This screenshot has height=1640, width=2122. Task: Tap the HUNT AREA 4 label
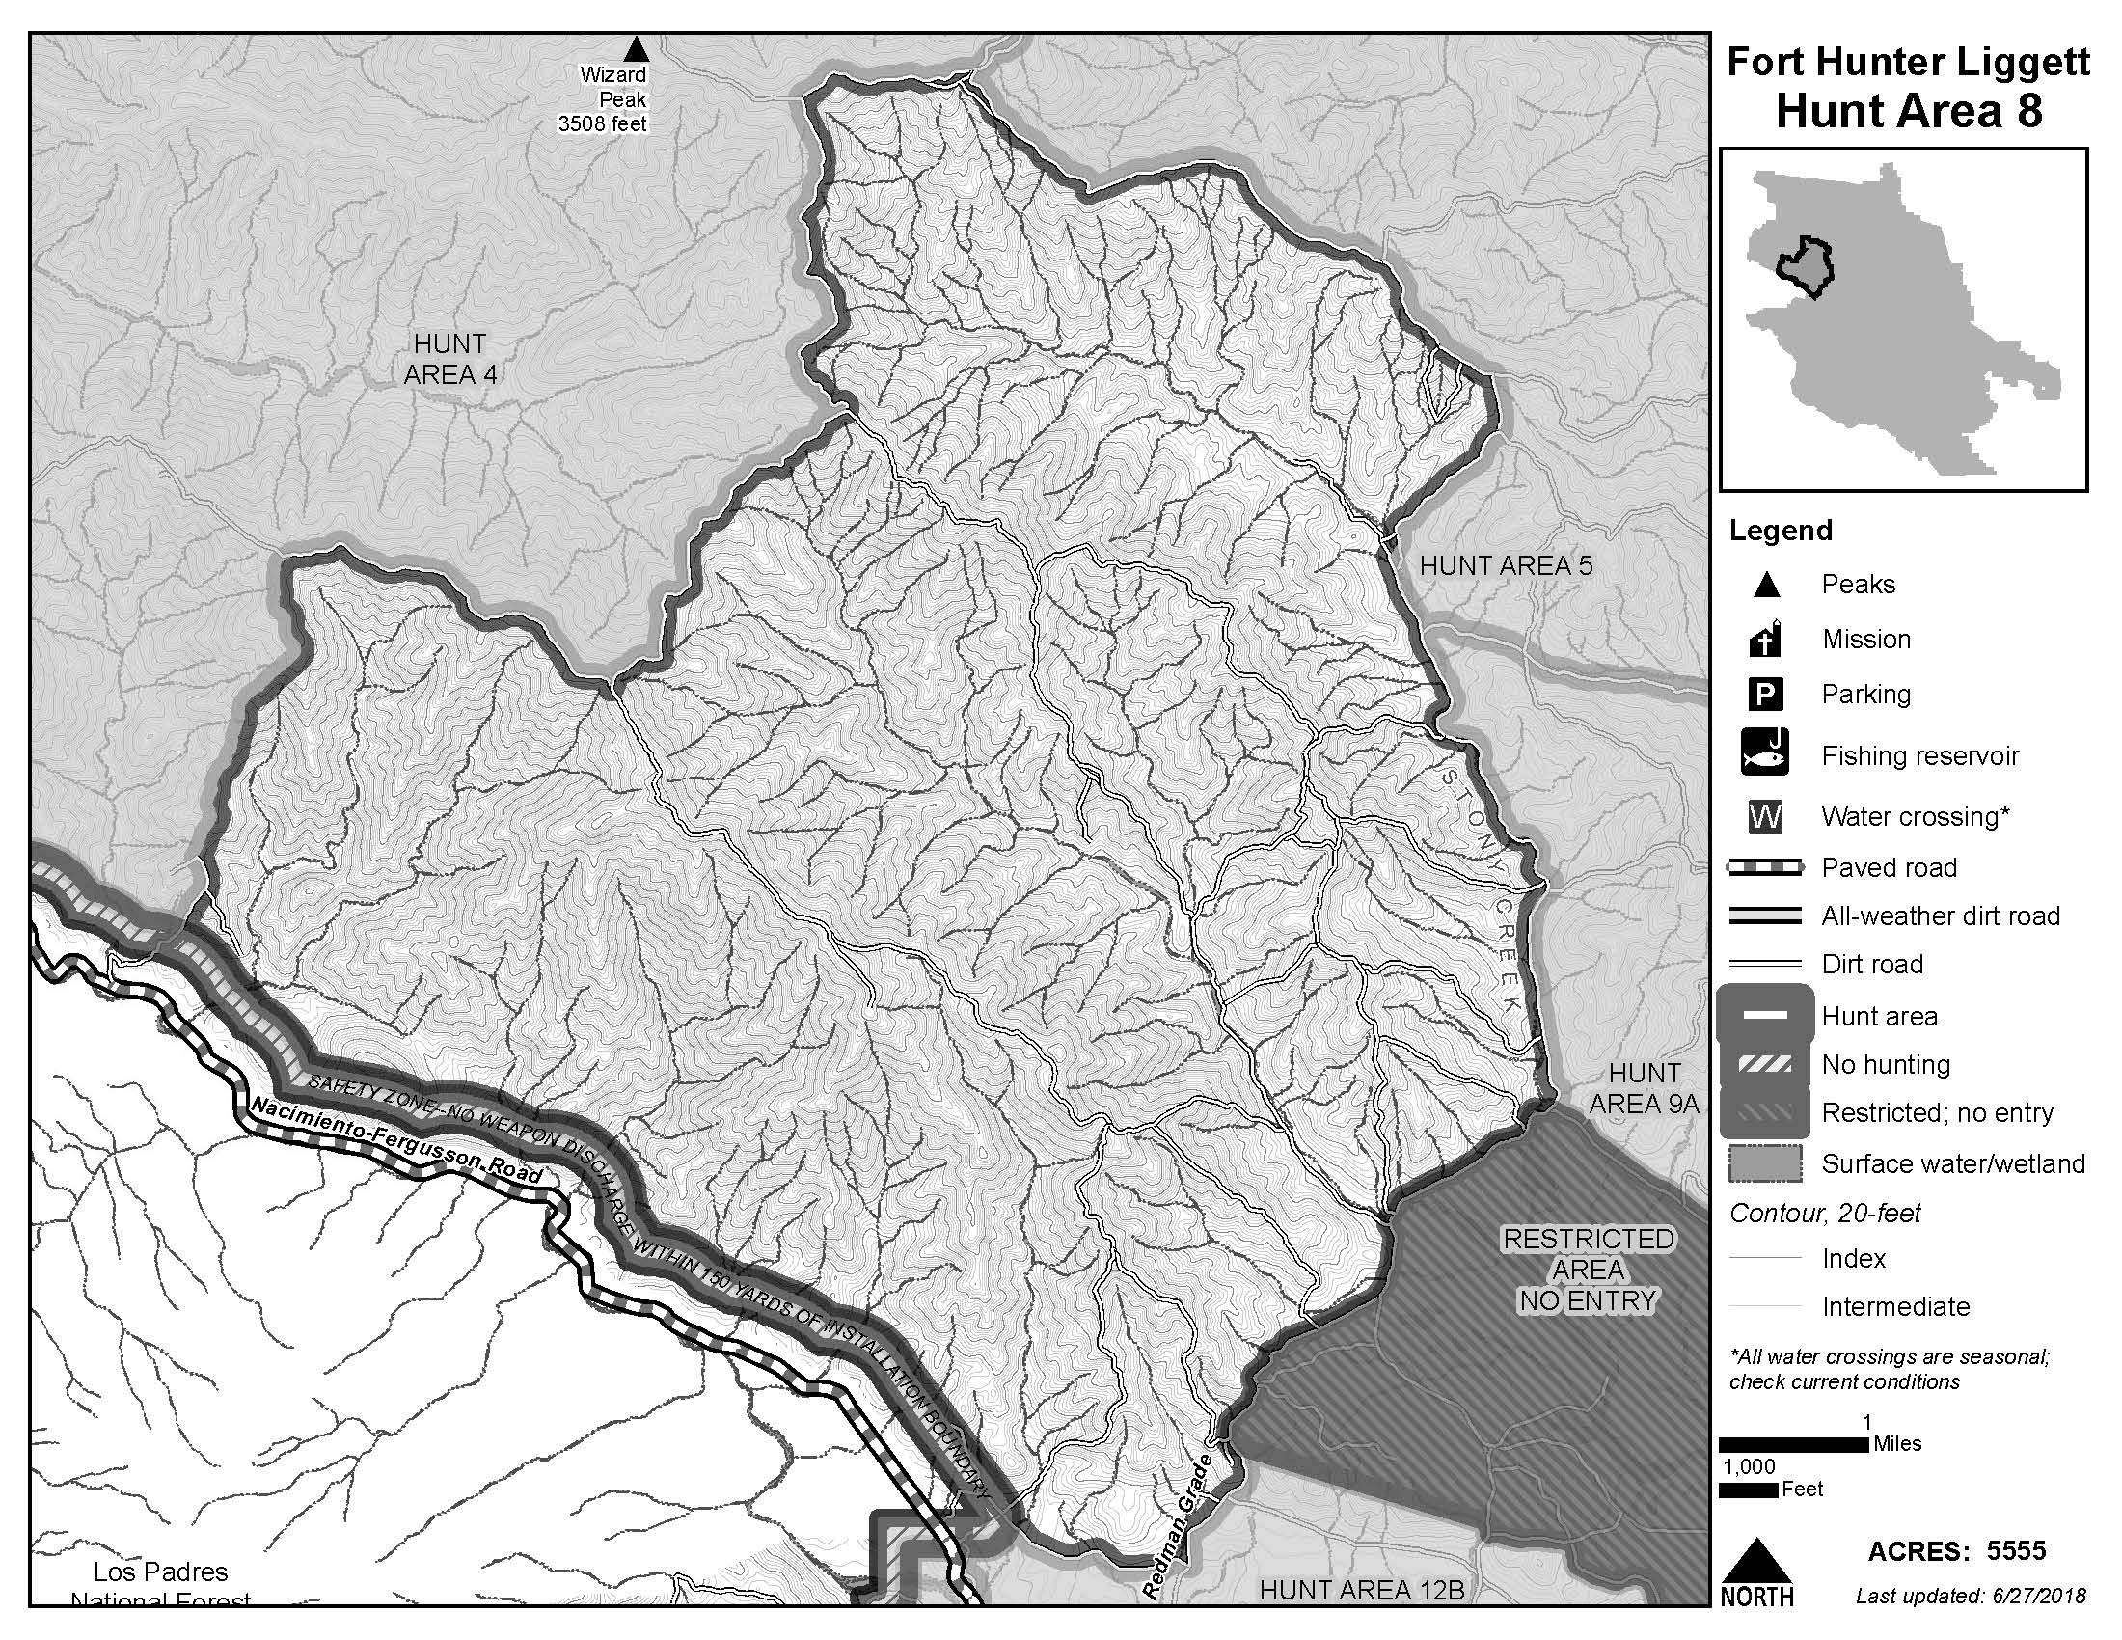point(449,359)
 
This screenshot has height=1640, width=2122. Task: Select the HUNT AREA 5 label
point(1505,565)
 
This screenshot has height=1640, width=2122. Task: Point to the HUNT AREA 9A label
point(1644,1088)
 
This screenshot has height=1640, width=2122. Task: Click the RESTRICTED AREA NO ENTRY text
point(1588,1269)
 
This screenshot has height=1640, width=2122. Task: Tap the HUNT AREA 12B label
point(1361,1590)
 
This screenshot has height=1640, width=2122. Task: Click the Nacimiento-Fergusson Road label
point(396,1140)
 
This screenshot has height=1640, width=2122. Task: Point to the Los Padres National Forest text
point(161,1584)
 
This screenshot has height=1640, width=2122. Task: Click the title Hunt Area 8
point(1908,112)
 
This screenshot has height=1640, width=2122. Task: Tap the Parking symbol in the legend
point(1765,695)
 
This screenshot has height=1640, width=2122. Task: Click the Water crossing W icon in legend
point(1765,816)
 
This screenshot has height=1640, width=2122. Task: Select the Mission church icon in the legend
point(1765,640)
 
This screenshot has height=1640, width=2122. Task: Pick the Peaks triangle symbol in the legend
point(1765,585)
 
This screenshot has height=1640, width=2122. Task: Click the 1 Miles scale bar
point(1794,1445)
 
